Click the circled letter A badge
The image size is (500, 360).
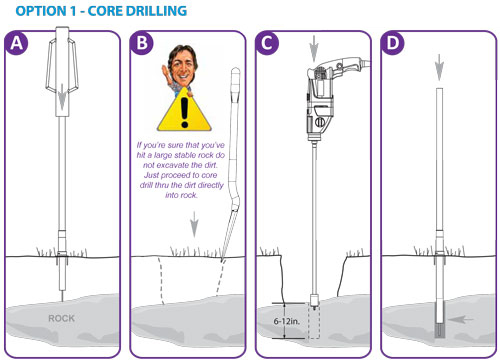pyautogui.click(x=17, y=43)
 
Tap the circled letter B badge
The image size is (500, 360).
pyautogui.click(x=142, y=43)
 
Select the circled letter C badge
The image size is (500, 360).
pyautogui.click(x=267, y=43)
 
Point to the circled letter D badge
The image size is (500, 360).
pyautogui.click(x=393, y=43)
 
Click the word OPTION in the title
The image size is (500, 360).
pyautogui.click(x=40, y=11)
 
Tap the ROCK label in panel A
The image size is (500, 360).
pyautogui.click(x=61, y=318)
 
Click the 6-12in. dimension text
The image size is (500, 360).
pyautogui.click(x=287, y=321)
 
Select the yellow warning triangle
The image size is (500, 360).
pyautogui.click(x=184, y=109)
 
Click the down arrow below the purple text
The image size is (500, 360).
pyautogui.click(x=194, y=224)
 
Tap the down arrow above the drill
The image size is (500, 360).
pyautogui.click(x=314, y=49)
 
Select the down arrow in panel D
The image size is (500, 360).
pyautogui.click(x=440, y=67)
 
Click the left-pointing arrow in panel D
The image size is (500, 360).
pyautogui.click(x=460, y=320)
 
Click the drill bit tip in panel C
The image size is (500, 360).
pyautogui.click(x=314, y=304)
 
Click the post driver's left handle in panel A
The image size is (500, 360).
pyautogui.click(x=51, y=65)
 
